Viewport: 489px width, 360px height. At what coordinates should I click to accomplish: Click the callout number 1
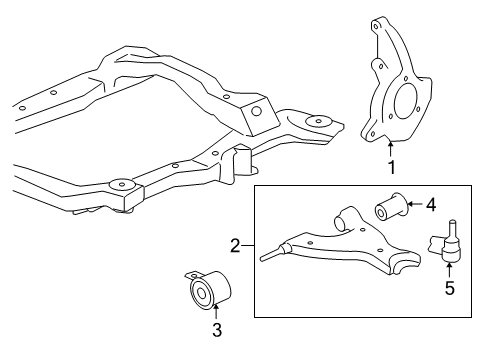click(x=392, y=167)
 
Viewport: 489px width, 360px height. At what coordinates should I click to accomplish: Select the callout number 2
click(x=235, y=246)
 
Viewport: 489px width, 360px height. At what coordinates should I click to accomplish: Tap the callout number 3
click(x=217, y=330)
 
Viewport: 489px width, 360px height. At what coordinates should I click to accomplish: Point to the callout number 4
click(x=431, y=204)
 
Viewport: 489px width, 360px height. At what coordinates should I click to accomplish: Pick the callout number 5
click(x=450, y=288)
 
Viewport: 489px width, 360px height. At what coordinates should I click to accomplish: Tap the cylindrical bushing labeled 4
click(x=391, y=207)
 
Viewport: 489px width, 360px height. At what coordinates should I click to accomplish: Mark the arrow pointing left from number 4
click(x=415, y=204)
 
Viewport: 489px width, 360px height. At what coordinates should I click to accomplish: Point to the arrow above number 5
click(x=449, y=270)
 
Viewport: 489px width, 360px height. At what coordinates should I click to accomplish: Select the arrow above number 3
click(x=216, y=312)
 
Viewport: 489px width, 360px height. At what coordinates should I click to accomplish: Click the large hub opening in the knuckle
click(x=405, y=100)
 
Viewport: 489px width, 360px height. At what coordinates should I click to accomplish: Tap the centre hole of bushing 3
click(x=201, y=293)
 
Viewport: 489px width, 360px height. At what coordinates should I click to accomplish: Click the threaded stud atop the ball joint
click(x=452, y=229)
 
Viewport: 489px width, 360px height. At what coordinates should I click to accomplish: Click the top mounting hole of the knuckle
click(x=376, y=26)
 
